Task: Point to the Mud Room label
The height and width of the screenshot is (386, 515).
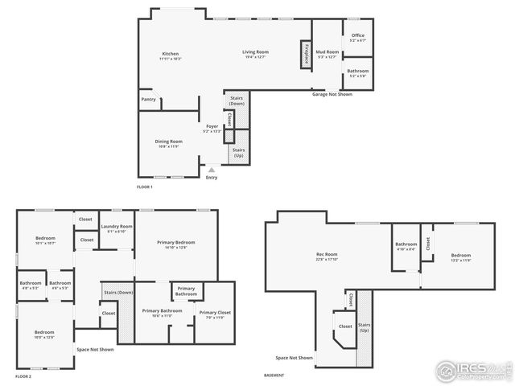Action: click(328, 54)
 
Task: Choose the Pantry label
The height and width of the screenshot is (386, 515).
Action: click(148, 99)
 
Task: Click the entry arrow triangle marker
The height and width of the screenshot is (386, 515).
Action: click(211, 170)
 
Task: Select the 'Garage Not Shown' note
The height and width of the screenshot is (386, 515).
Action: click(332, 94)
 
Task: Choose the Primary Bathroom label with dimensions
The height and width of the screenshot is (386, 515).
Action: click(162, 313)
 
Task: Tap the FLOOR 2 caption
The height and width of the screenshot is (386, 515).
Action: click(23, 376)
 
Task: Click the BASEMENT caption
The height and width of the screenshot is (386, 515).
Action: click(274, 376)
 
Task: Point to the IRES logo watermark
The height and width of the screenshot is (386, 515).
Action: click(473, 371)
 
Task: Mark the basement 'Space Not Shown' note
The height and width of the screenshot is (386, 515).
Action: click(293, 357)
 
